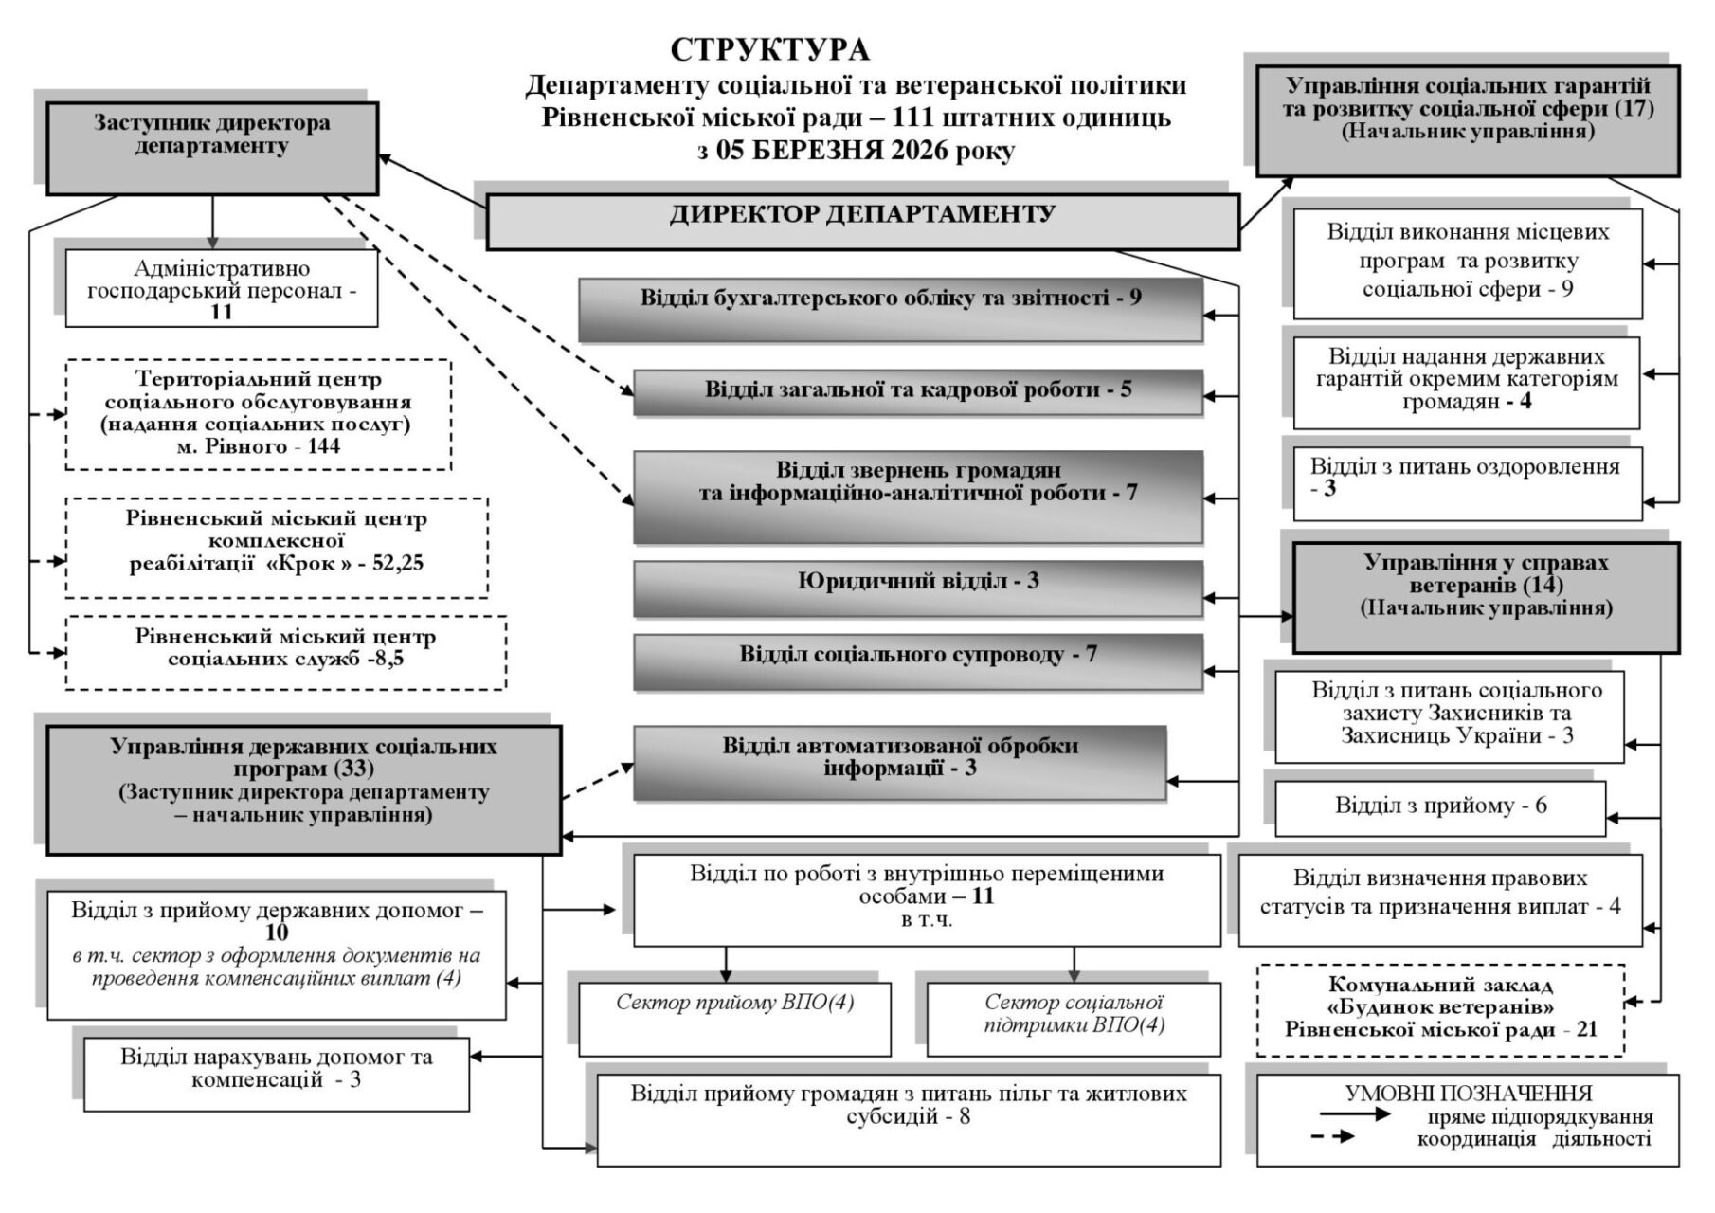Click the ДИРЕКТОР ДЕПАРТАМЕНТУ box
[862, 222]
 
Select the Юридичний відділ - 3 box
[917, 588]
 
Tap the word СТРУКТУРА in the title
[769, 49]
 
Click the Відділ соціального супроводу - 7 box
[917, 661]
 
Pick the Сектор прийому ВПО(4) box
[734, 1019]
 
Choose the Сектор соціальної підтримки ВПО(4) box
[1074, 1019]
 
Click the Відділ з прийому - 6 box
[1440, 807]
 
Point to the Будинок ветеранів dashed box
[1440, 1009]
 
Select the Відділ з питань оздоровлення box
[1467, 483]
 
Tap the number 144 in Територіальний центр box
[324, 446]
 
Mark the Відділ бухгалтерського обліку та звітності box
[891, 309]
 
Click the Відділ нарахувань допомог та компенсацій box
[277, 1073]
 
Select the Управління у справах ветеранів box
[1486, 597]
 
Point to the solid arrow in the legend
[1355, 1115]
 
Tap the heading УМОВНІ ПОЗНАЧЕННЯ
[1469, 1094]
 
